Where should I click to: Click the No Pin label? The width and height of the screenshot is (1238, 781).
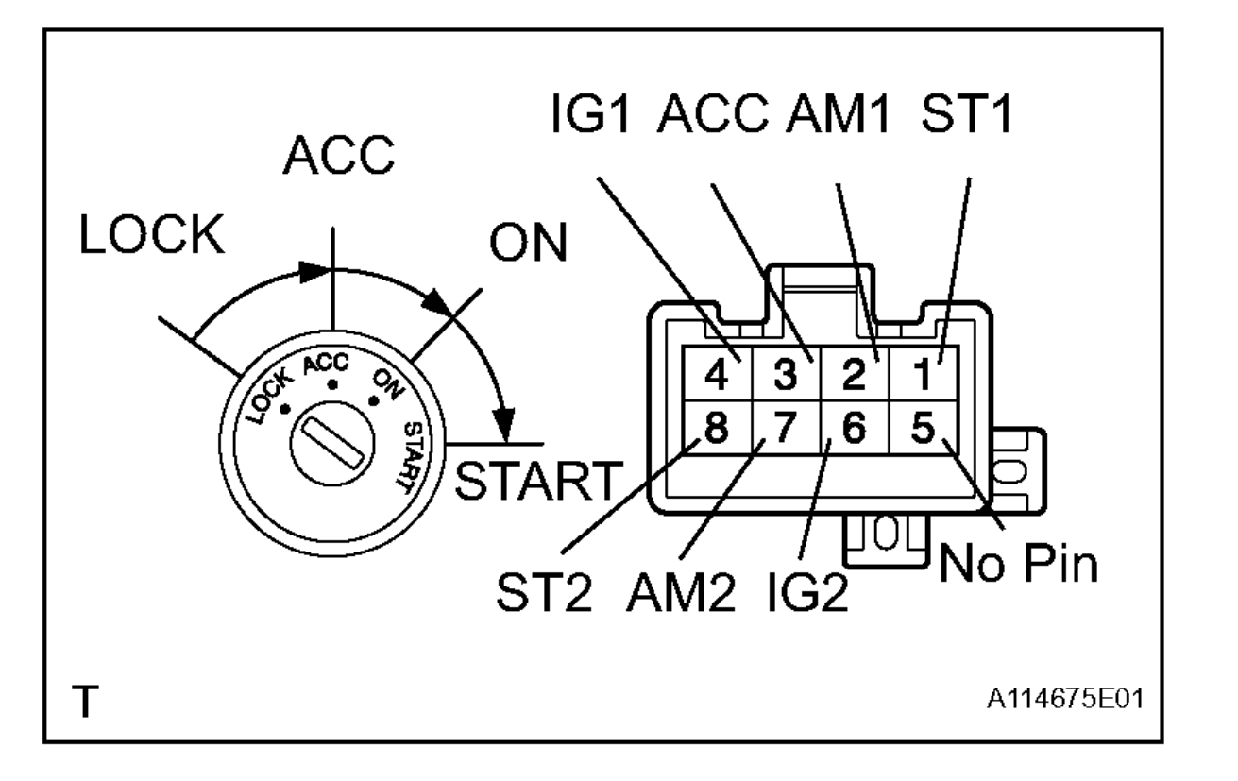[1018, 564]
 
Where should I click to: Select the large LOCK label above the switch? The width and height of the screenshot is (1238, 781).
[152, 238]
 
